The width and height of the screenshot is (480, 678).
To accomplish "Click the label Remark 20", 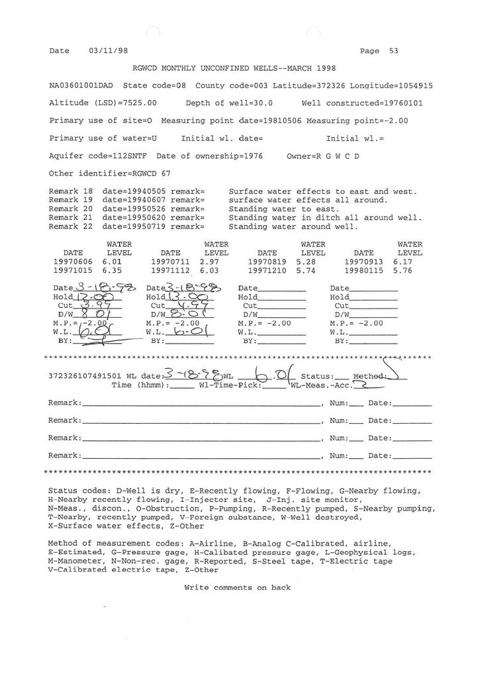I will point(71,209).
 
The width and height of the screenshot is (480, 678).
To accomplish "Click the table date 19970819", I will point(267,262).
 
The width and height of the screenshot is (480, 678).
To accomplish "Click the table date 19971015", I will point(73,271).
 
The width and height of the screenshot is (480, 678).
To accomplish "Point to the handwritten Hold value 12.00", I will point(90,297).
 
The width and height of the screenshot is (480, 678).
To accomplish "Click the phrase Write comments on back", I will point(237,587).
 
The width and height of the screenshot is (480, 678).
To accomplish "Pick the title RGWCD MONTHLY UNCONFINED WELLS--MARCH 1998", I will point(234,68).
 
